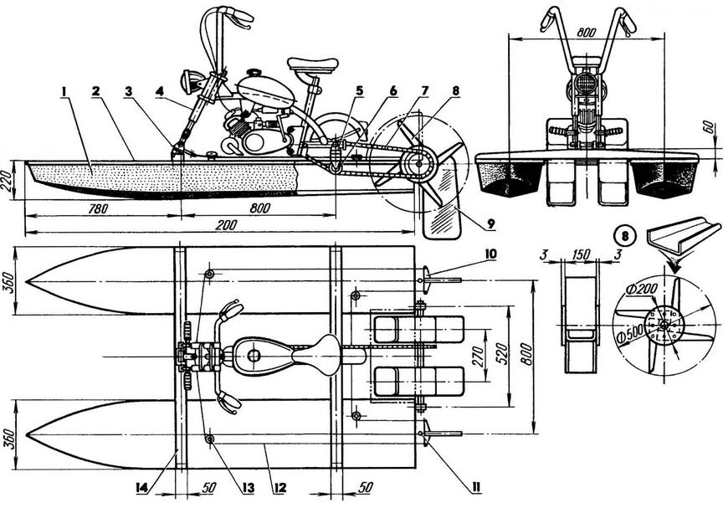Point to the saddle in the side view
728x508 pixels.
click(312, 64)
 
